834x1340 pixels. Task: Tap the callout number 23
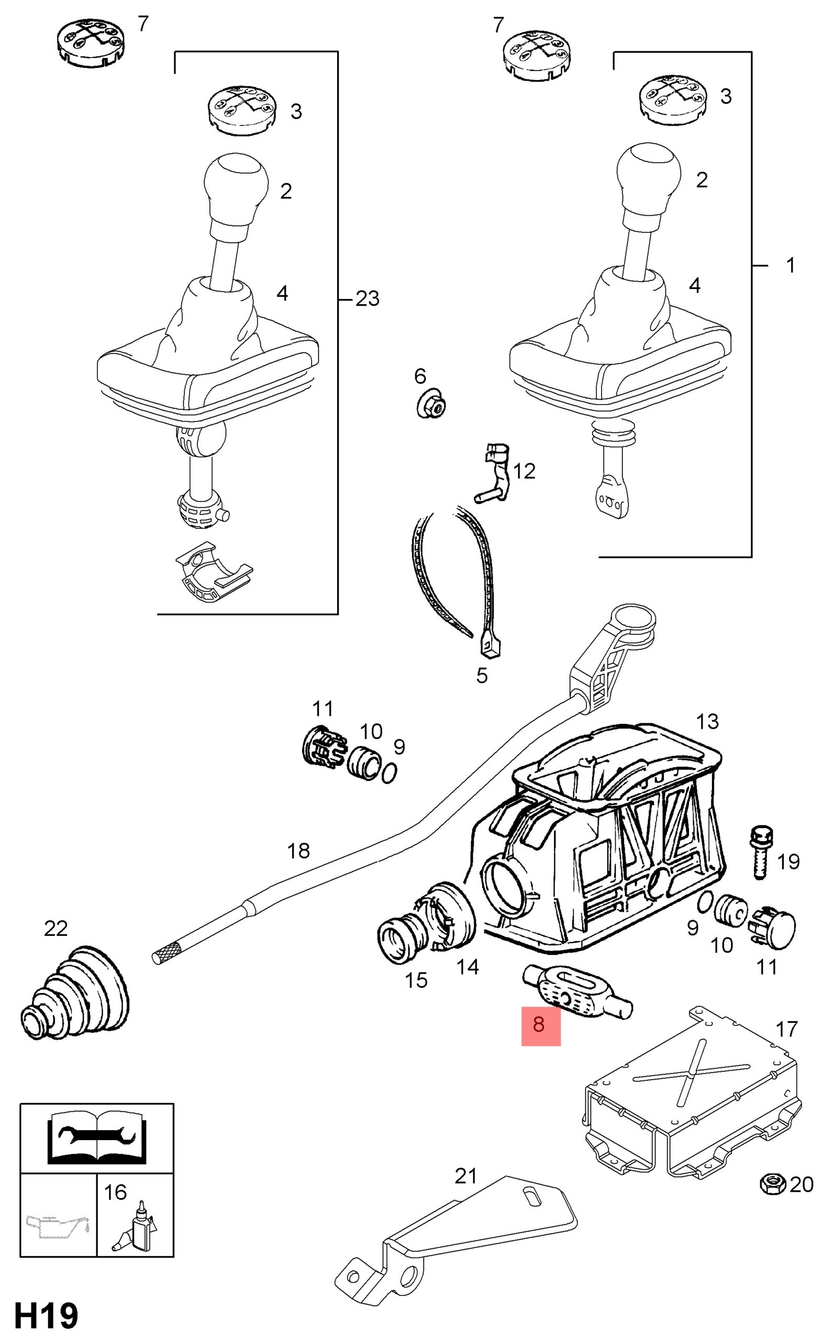[368, 299]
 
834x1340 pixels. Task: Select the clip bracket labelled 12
[493, 473]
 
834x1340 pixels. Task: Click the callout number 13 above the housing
[708, 721]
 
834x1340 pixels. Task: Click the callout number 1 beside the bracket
[791, 265]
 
